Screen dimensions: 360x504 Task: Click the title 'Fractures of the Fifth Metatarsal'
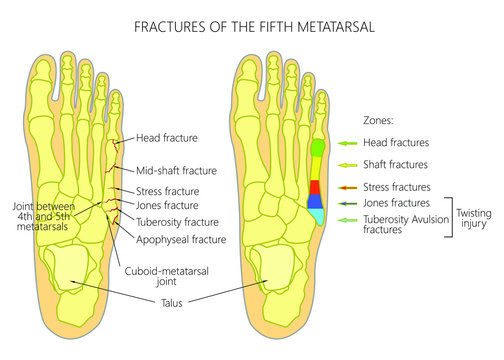tap(251, 25)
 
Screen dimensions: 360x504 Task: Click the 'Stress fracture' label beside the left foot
tap(169, 191)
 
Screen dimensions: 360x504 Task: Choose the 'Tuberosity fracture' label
tap(177, 222)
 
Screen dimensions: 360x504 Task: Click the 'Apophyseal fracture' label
tap(180, 240)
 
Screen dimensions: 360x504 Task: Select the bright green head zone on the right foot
tap(316, 148)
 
